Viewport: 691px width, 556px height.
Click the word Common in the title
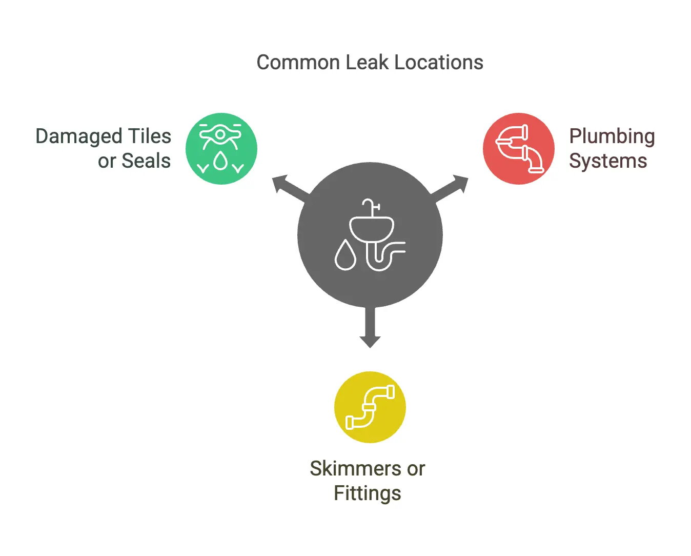click(x=298, y=63)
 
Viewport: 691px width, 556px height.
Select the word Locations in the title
click(x=439, y=63)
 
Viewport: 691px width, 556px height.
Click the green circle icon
click(x=221, y=149)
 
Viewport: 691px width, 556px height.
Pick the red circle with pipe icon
click(x=519, y=149)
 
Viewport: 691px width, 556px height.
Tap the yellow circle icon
click(x=370, y=407)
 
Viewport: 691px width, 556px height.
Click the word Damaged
click(x=79, y=137)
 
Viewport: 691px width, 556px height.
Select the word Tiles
click(x=149, y=136)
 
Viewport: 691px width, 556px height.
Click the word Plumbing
click(x=612, y=137)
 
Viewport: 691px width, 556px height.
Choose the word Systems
click(x=608, y=161)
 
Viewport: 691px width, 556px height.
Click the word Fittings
click(x=368, y=493)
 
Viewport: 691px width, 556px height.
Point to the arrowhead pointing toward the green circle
click(x=279, y=183)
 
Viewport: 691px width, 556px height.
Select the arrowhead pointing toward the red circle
click(x=460, y=183)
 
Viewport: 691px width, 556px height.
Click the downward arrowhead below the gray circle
click(x=370, y=341)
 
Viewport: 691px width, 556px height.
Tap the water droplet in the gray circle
click(x=345, y=255)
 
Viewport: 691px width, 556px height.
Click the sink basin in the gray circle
click(x=372, y=227)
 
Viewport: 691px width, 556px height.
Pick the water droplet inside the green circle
click(x=221, y=161)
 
